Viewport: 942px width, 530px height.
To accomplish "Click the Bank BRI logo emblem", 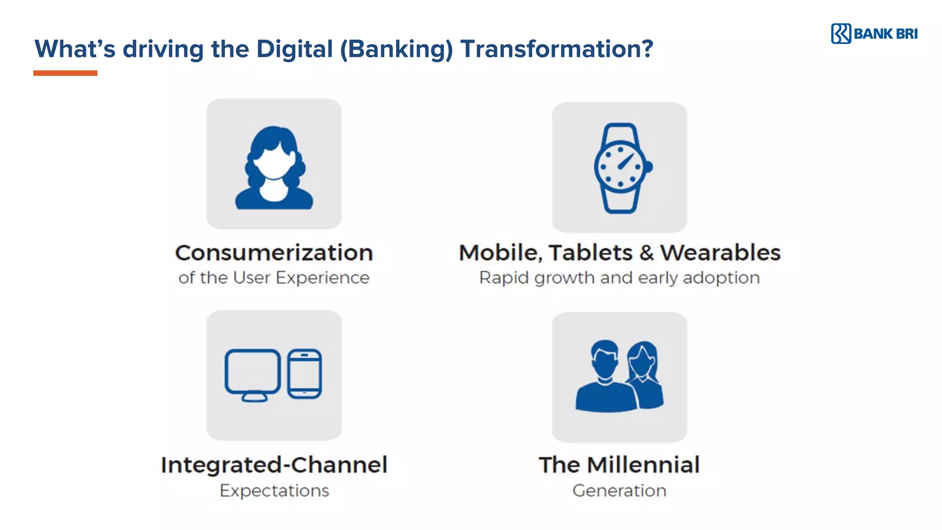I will point(841,34).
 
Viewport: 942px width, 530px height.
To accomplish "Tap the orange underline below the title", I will point(65,73).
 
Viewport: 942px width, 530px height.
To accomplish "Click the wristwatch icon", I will point(620,168).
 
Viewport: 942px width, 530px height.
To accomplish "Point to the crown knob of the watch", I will point(649,167).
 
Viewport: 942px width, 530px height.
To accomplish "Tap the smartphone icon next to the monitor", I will point(304,374).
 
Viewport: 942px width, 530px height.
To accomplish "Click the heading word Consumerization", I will point(274,253).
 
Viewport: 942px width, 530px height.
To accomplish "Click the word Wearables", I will point(721,253).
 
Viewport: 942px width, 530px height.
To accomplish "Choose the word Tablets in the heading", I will point(591,253).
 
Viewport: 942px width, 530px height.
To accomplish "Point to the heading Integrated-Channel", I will point(274,465).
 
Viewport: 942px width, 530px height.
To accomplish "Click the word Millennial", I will point(643,465).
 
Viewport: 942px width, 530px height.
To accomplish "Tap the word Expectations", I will point(275,491).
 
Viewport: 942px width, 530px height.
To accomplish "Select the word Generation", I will point(620,491).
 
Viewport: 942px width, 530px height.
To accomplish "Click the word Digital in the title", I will point(294,49).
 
